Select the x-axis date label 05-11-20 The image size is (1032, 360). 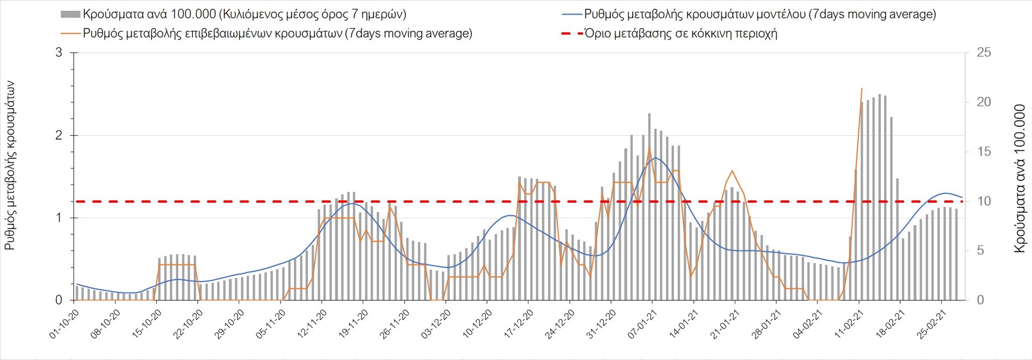271,324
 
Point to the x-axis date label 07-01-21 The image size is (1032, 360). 642,324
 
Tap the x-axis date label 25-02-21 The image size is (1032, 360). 931,324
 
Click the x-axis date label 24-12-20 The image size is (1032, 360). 560,324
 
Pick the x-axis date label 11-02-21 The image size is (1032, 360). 849,324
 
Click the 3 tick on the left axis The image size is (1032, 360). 59,53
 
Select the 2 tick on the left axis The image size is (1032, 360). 59,135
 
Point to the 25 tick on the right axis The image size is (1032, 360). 984,53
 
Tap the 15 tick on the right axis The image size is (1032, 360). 984,152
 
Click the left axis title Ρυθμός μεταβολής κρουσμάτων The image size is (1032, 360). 10,165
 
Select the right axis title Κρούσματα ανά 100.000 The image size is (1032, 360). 1020,178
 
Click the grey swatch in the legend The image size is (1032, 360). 70,15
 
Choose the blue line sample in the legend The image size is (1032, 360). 572,15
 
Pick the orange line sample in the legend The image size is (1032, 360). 70,33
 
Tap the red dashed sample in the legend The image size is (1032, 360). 572,33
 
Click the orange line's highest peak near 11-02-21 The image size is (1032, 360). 862,89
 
